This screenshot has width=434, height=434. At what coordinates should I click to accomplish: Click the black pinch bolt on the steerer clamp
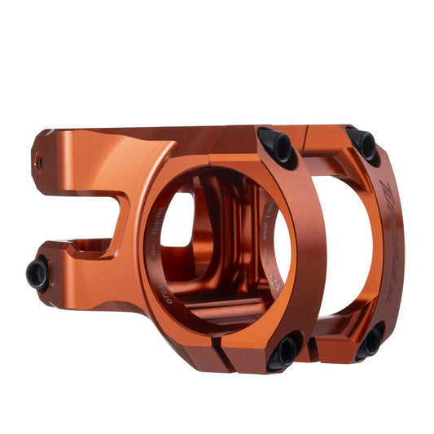37,274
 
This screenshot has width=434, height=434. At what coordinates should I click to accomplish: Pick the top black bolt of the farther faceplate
362,143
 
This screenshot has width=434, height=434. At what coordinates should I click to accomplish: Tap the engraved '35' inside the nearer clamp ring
276,281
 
